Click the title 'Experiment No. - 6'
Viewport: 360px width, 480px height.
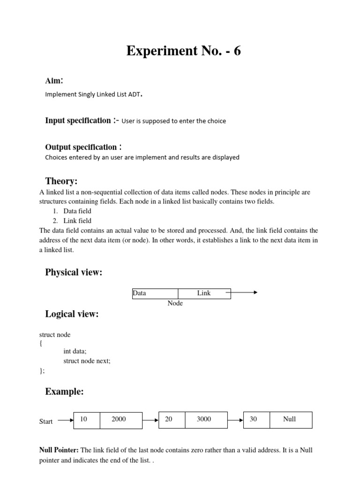click(x=183, y=51)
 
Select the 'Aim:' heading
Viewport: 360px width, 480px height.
click(x=54, y=81)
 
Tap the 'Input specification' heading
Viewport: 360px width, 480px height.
click(x=78, y=120)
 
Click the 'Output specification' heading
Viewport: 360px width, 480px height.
click(x=81, y=147)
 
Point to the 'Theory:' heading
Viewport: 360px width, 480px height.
click(x=61, y=181)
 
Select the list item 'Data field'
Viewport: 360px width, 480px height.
click(x=77, y=211)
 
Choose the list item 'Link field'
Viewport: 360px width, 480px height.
click(x=77, y=220)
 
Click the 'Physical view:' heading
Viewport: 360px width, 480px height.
click(x=73, y=272)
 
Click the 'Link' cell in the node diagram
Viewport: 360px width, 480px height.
click(x=204, y=293)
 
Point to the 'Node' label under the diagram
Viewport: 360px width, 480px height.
click(x=175, y=303)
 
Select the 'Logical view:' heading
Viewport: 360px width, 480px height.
click(x=72, y=314)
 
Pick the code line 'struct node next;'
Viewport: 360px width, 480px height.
click(x=87, y=360)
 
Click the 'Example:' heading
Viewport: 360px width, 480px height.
click(x=64, y=392)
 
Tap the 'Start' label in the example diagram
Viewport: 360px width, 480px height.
click(x=46, y=421)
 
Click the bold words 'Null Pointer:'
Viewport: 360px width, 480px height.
click(x=59, y=450)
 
